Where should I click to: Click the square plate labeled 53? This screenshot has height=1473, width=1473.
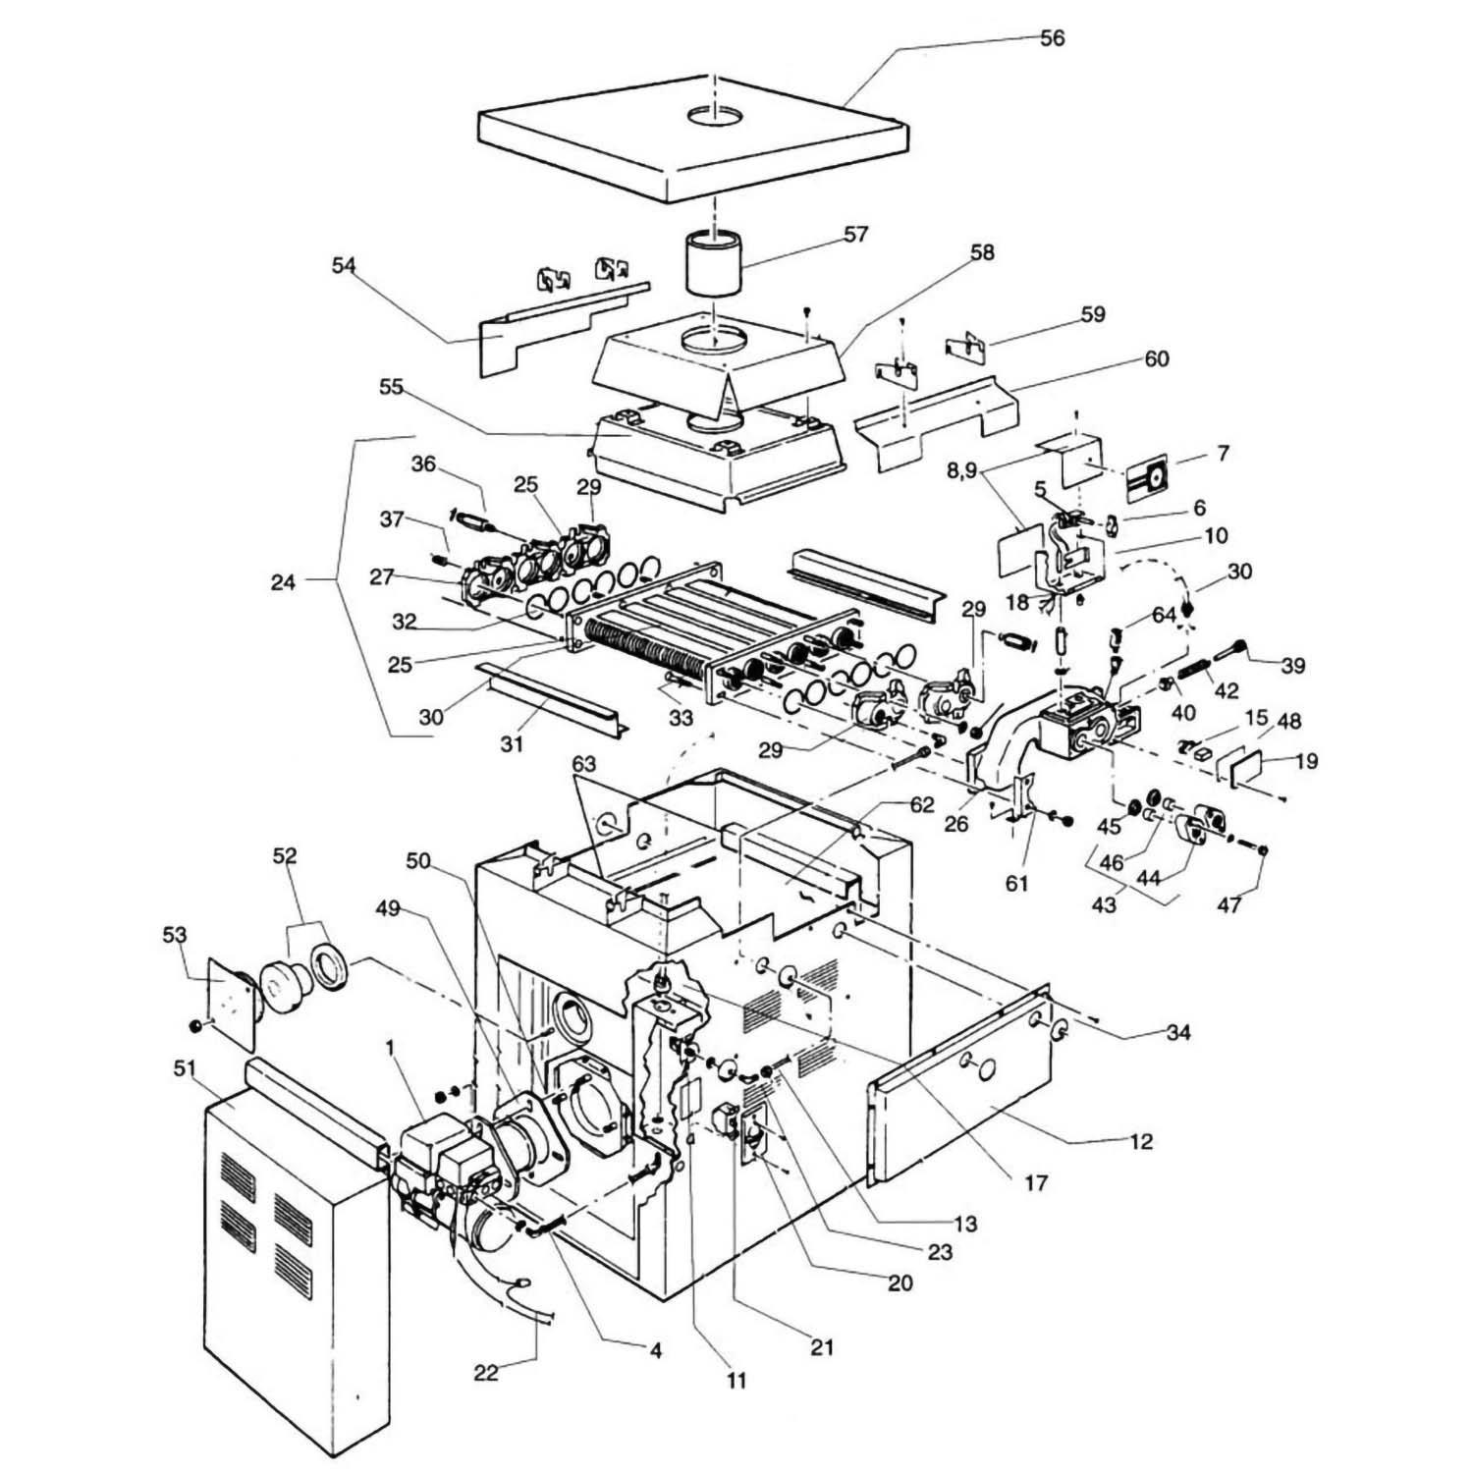click(228, 1007)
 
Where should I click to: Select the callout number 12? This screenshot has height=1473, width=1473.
click(1141, 1143)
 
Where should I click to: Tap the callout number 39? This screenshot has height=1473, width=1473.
click(1293, 667)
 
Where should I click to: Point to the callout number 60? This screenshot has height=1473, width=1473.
click(1157, 359)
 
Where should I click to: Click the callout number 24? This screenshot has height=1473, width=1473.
click(283, 583)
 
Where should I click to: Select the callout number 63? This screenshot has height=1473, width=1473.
click(584, 763)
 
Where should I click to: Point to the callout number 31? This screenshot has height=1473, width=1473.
click(511, 744)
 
